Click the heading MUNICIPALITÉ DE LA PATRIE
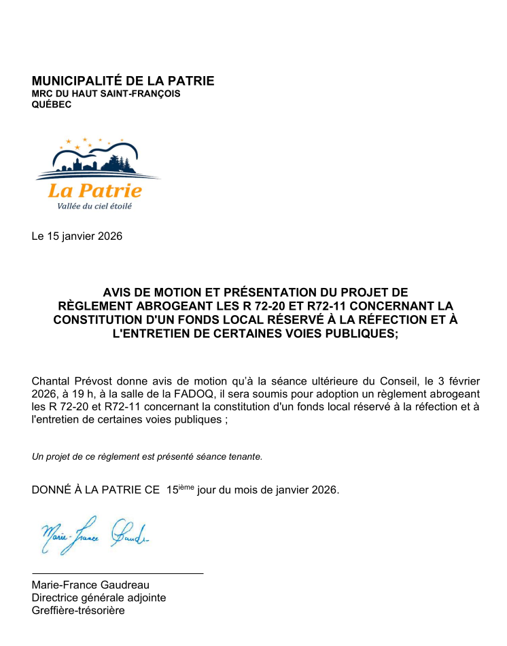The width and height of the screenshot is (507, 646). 123,82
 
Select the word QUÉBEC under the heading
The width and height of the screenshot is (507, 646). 52,105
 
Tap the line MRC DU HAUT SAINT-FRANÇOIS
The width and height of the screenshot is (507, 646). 106,94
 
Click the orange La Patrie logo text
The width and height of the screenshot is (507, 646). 94,191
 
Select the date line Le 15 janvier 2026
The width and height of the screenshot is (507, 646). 77,236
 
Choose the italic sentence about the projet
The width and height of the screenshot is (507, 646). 147,456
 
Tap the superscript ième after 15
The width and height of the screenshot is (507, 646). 186,486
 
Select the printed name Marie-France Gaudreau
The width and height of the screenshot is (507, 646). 90,585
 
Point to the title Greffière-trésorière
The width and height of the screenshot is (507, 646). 78,611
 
